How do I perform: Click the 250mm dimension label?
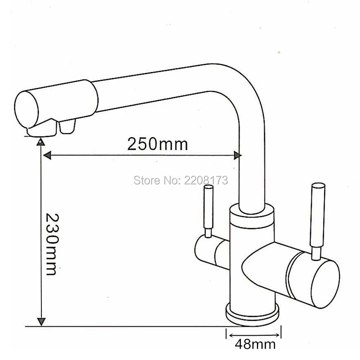click(157, 144)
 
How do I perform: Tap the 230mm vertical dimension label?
click(52, 244)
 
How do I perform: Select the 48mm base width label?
click(255, 344)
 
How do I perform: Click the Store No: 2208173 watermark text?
click(181, 180)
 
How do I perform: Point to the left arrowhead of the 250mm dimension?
click(47, 155)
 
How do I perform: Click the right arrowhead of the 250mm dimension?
click(238, 155)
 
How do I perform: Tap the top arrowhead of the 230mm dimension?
click(41, 142)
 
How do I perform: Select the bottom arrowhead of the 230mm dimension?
click(41, 322)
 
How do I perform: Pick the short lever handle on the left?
click(208, 211)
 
